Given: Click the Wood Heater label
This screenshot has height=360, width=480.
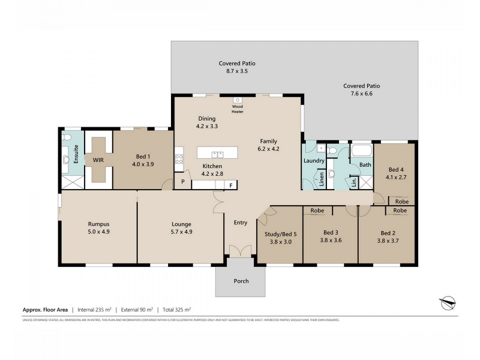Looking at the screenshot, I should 238,109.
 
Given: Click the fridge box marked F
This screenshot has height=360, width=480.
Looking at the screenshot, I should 231,185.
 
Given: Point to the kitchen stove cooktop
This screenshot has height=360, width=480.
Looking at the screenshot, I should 178,159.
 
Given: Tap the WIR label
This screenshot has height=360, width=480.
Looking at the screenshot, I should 98,160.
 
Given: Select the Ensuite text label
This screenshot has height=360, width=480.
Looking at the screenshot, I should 76,155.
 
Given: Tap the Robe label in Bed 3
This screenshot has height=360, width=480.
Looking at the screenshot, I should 317,211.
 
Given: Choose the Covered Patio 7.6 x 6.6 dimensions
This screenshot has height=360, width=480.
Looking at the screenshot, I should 361,94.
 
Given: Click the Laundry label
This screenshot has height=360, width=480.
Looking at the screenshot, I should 314,161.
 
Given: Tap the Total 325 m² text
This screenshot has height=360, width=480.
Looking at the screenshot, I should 175,310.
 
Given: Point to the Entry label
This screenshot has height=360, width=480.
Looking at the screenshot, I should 240,223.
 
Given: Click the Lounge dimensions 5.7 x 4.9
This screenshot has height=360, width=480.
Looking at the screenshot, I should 181,233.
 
